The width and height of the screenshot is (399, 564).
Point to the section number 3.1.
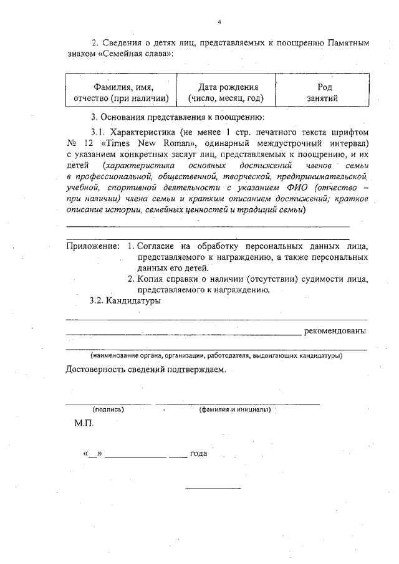pos(99,132)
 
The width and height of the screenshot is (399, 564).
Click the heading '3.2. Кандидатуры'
pos(125,301)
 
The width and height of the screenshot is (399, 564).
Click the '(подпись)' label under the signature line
pos(108,409)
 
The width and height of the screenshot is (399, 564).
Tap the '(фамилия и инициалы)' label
pos(234,409)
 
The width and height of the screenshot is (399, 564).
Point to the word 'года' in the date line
pos(198,453)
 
